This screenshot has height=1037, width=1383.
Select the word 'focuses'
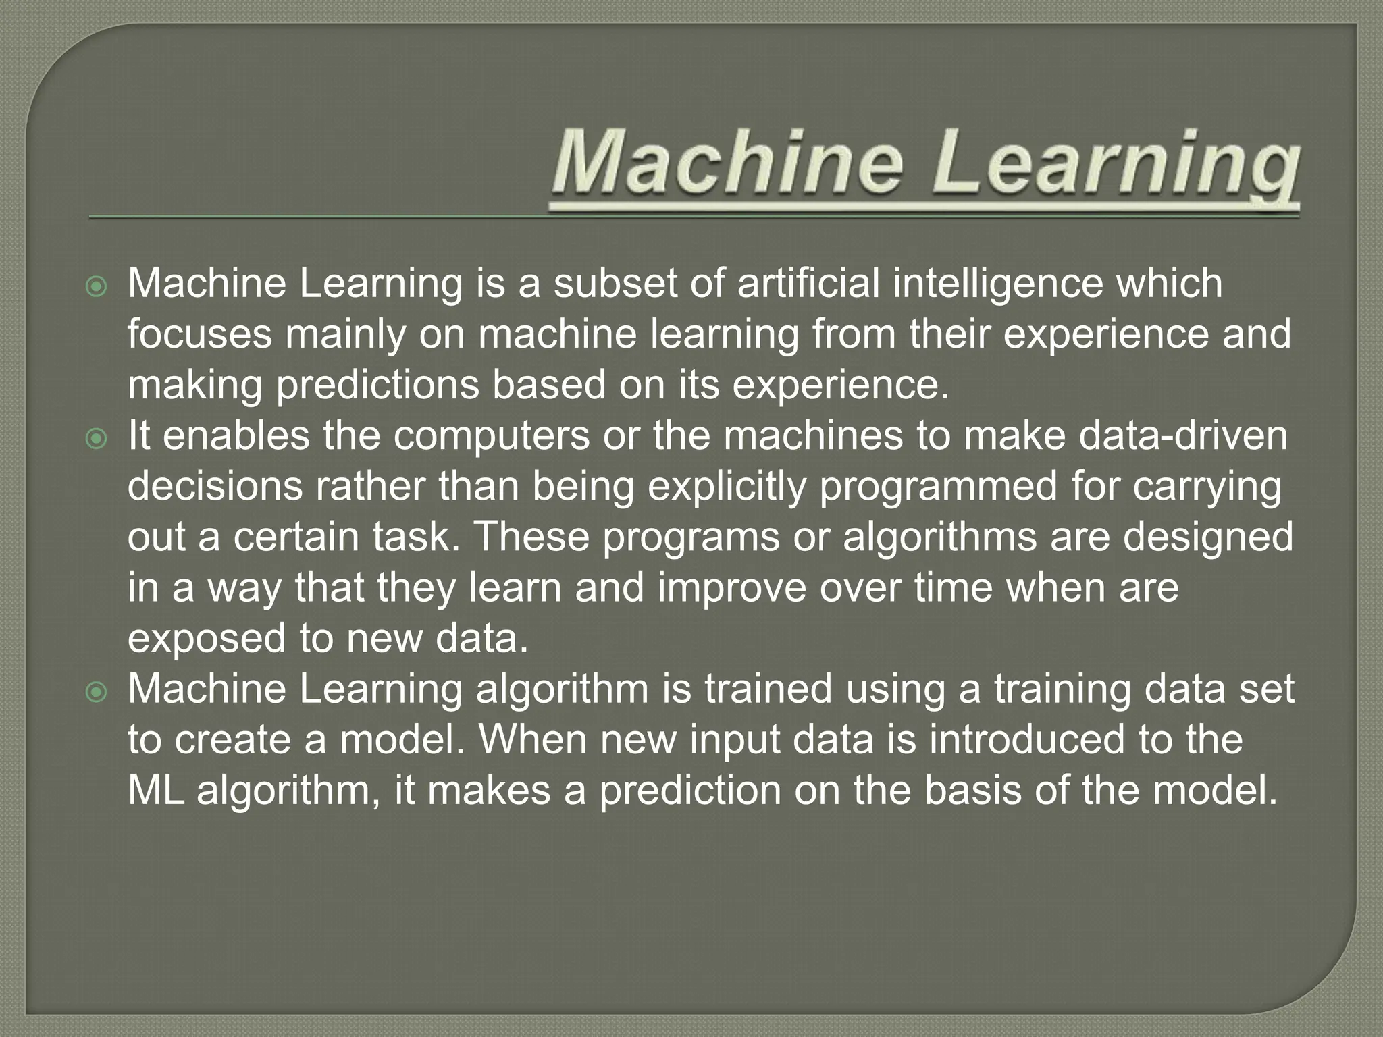pos(199,334)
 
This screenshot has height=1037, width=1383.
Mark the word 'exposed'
pos(207,639)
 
